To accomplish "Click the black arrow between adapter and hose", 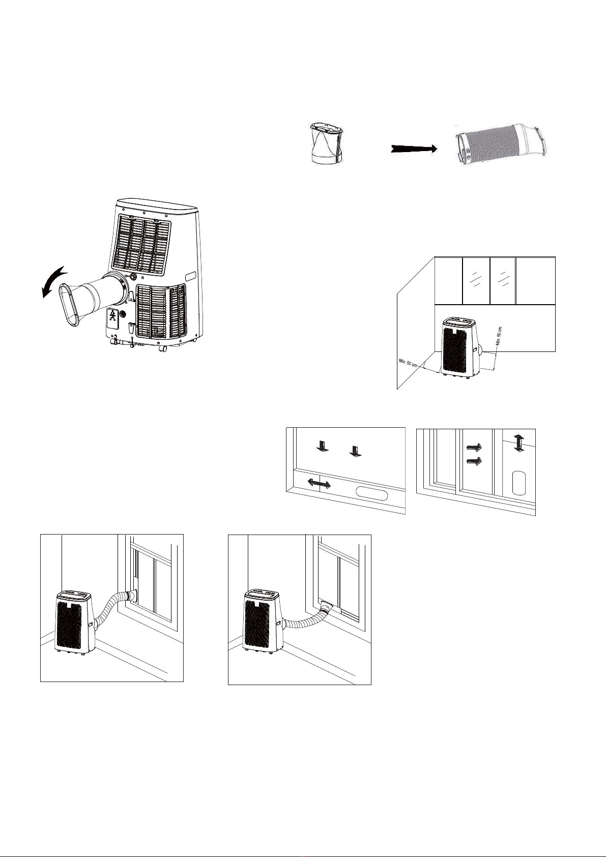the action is click(x=414, y=149).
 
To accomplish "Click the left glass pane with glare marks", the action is click(x=476, y=281).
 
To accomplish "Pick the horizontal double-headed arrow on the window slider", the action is click(x=319, y=483).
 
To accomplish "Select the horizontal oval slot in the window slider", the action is click(x=372, y=493).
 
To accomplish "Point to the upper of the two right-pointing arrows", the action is click(x=474, y=447).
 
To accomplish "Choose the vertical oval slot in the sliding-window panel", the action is click(x=518, y=483).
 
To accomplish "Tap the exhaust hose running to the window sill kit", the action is click(x=306, y=621).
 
